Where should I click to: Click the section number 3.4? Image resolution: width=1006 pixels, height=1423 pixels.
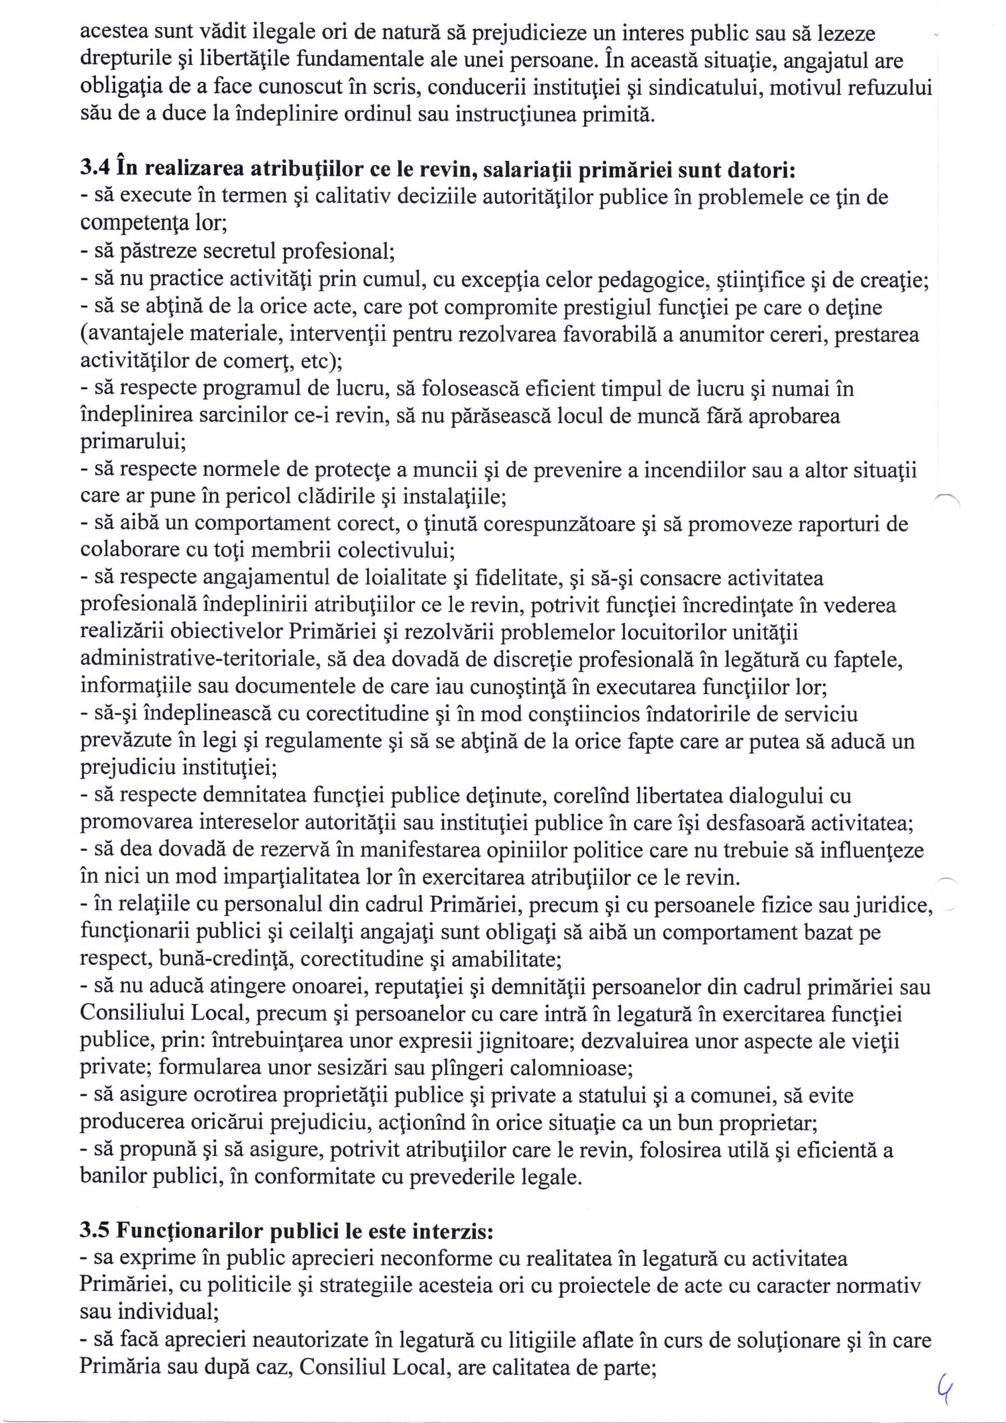(x=95, y=170)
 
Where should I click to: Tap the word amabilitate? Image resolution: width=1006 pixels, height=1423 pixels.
(x=506, y=959)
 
